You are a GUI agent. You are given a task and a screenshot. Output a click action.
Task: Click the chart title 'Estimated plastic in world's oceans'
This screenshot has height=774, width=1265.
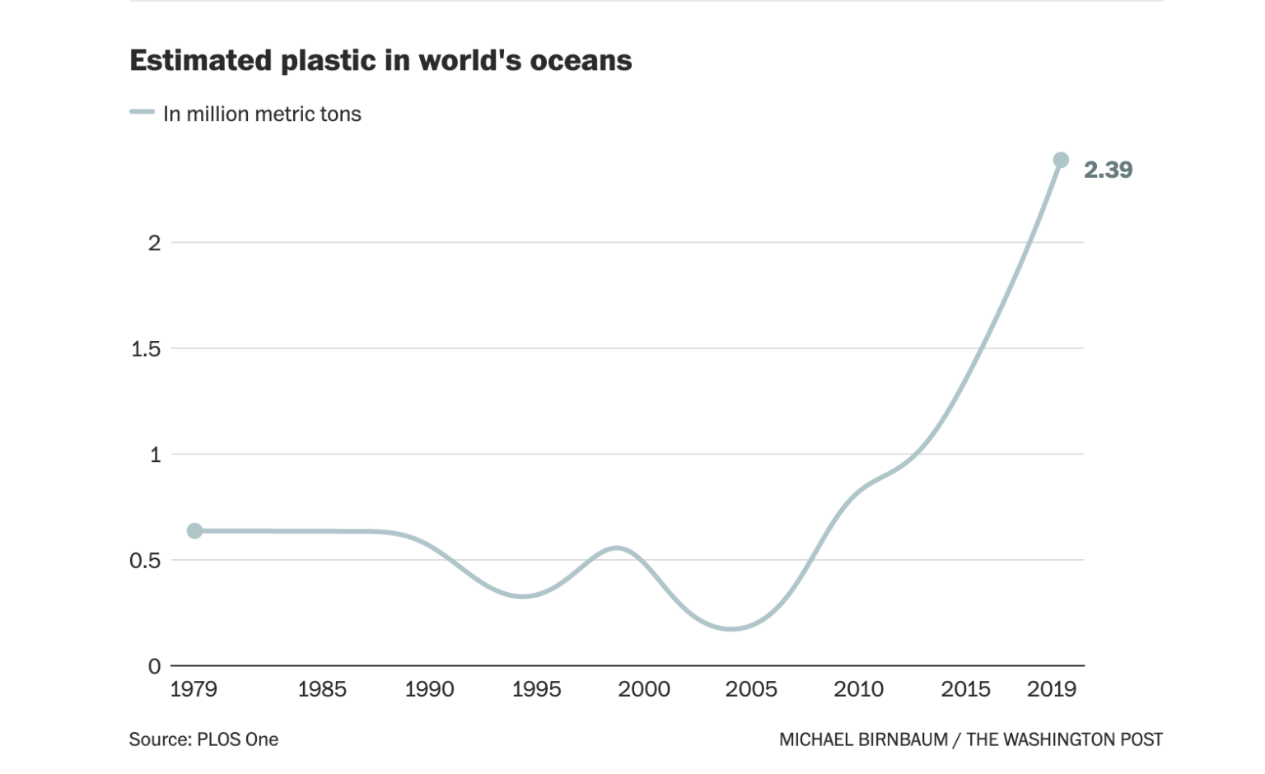pyautogui.click(x=380, y=61)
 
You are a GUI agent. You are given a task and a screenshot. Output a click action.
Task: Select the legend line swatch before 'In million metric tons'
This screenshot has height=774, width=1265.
pyautogui.click(x=142, y=113)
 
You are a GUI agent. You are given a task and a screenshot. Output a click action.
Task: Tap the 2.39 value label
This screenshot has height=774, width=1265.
pyautogui.click(x=1108, y=170)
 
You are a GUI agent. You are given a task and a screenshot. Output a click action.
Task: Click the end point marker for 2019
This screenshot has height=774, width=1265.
pyautogui.click(x=1061, y=160)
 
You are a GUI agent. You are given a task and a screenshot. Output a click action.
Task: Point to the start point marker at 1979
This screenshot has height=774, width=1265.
pyautogui.click(x=194, y=531)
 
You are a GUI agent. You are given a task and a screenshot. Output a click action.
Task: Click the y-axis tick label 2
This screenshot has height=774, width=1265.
pyautogui.click(x=154, y=243)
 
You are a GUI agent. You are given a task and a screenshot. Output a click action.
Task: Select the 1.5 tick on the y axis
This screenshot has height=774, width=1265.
pyautogui.click(x=146, y=349)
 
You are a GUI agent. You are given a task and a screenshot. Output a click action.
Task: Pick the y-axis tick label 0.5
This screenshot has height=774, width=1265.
pyautogui.click(x=146, y=561)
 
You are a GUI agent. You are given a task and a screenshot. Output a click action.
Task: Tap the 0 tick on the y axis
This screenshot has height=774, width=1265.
pyautogui.click(x=154, y=666)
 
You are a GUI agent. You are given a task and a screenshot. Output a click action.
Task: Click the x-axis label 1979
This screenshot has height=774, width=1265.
pyautogui.click(x=194, y=689)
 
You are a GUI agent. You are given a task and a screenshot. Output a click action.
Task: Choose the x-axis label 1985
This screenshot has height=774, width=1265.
pyautogui.click(x=322, y=689)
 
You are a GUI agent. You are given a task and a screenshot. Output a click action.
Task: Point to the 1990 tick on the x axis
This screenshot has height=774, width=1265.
pyautogui.click(x=429, y=689)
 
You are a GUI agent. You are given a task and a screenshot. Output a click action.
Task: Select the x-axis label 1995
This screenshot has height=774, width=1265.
pyautogui.click(x=536, y=689)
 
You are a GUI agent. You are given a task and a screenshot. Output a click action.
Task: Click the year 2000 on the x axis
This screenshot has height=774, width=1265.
pyautogui.click(x=644, y=689)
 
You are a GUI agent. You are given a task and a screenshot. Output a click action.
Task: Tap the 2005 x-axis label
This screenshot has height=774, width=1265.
pyautogui.click(x=751, y=689)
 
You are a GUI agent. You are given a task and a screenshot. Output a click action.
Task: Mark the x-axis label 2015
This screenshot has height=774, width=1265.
pyautogui.click(x=965, y=689)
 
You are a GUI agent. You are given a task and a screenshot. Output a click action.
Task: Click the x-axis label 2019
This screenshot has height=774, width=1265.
pyautogui.click(x=1052, y=689)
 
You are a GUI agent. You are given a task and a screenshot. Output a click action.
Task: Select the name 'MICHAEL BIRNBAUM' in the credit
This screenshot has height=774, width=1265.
pyautogui.click(x=863, y=739)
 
